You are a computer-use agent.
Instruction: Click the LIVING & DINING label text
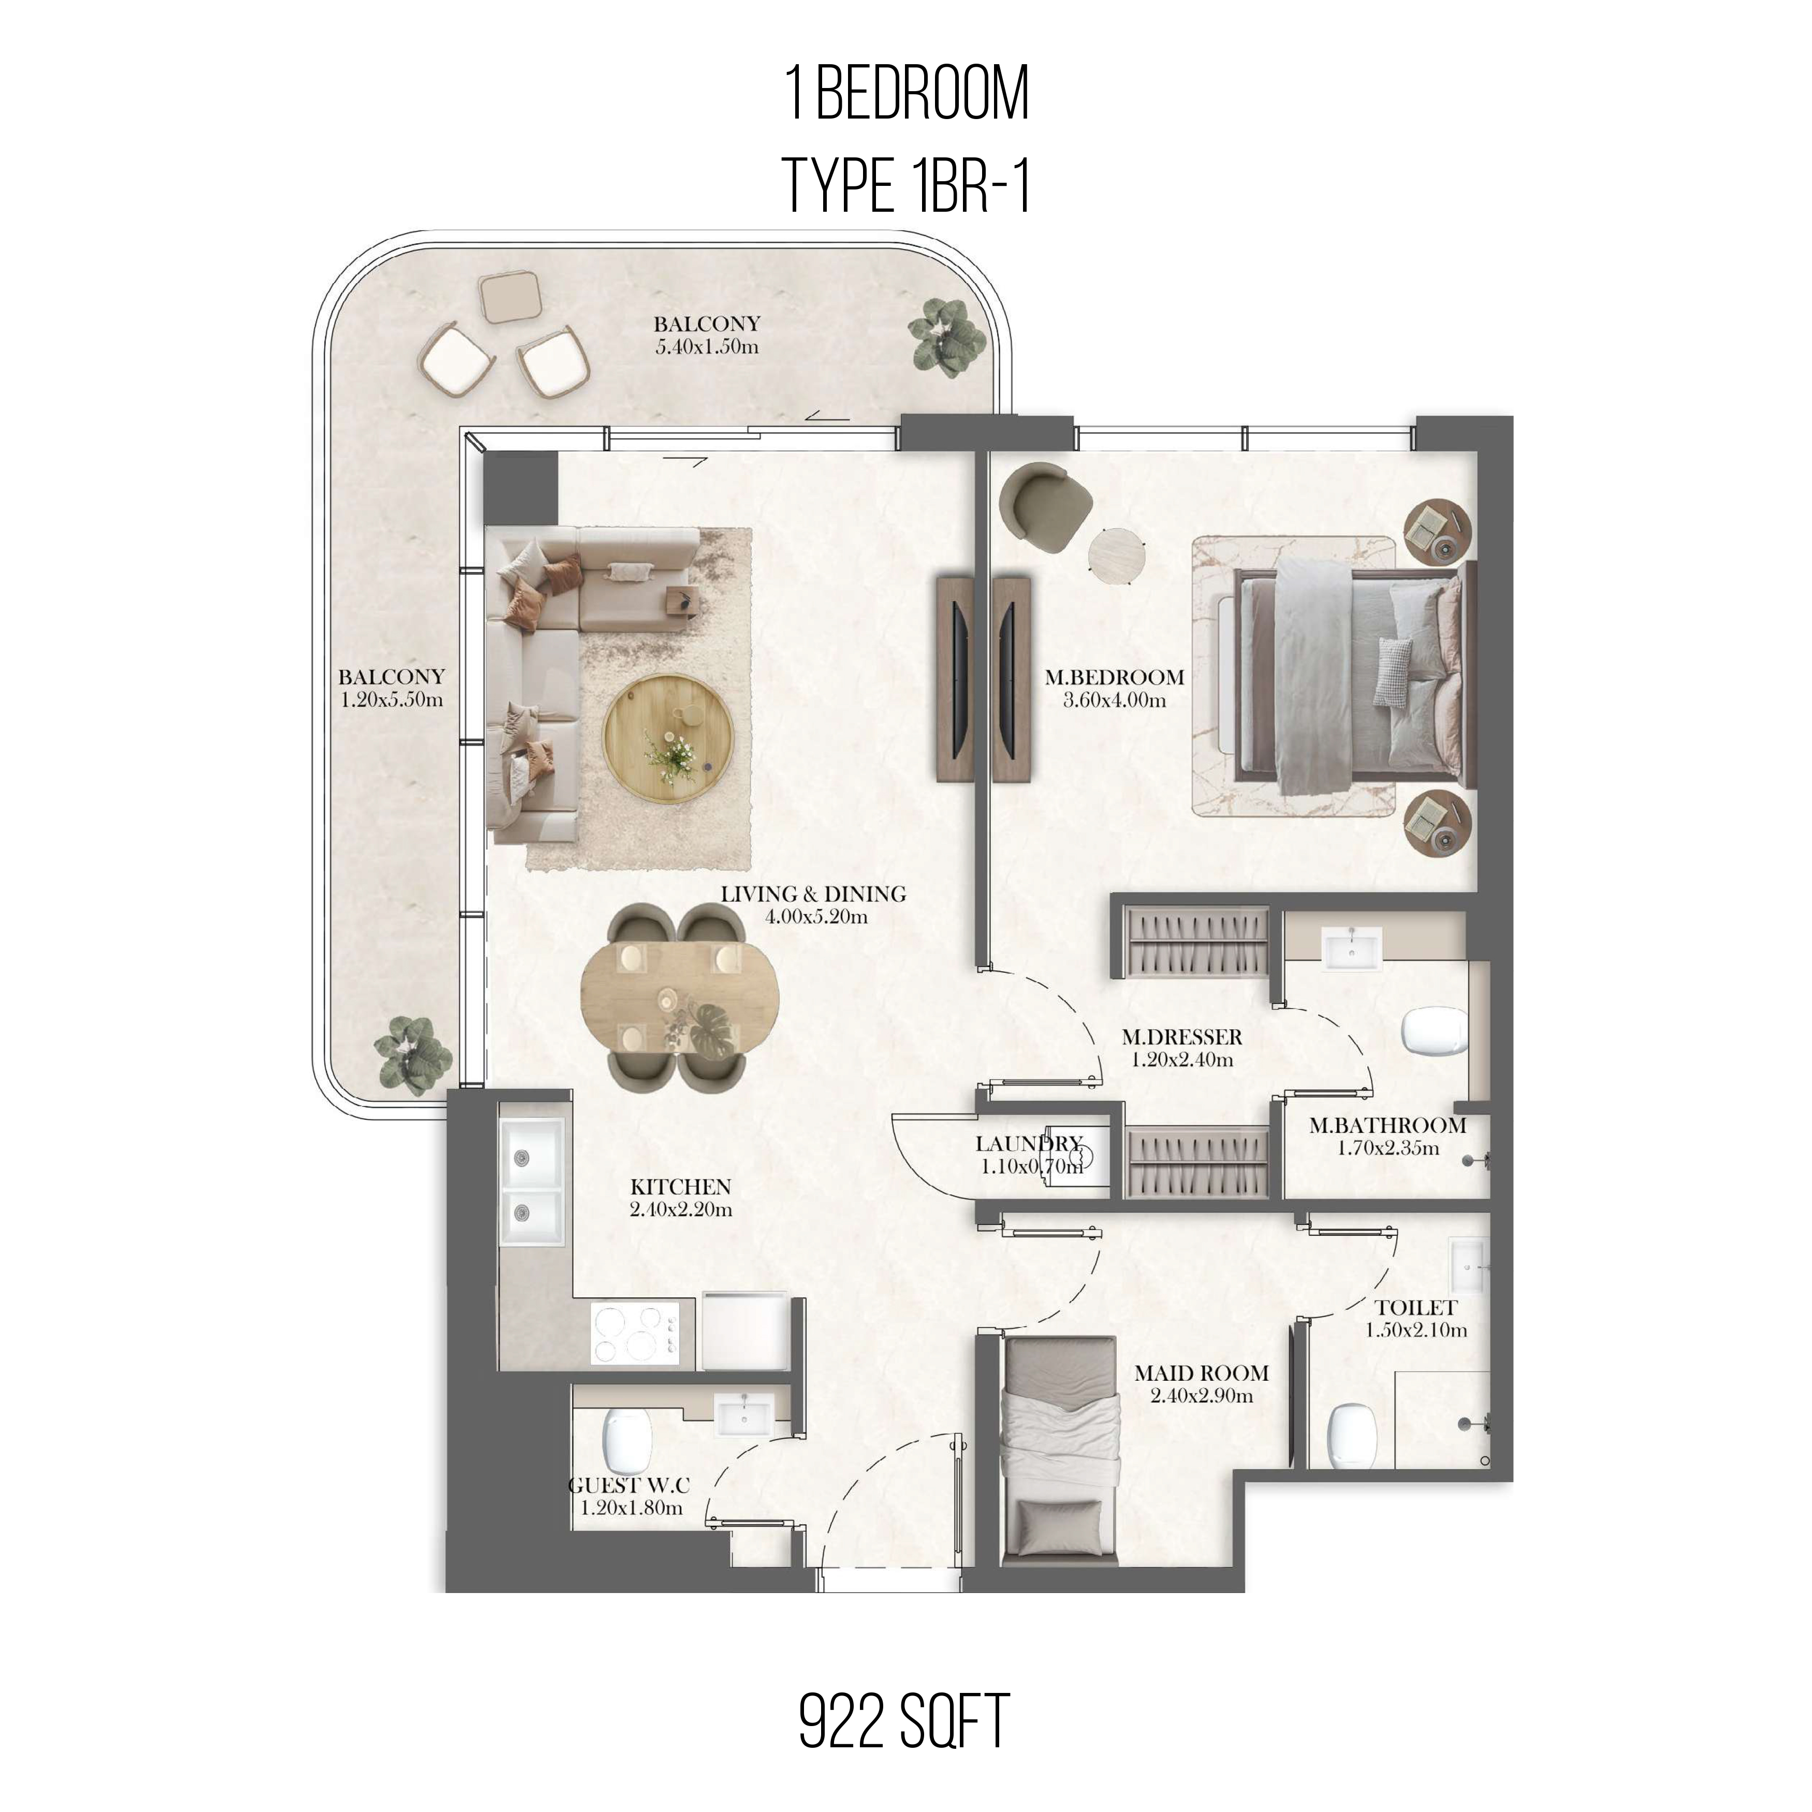tap(813, 894)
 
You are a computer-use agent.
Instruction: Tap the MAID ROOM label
tap(1202, 1373)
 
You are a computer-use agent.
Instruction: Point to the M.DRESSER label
tap(1182, 1037)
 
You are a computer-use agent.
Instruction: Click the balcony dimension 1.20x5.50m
tap(392, 699)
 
